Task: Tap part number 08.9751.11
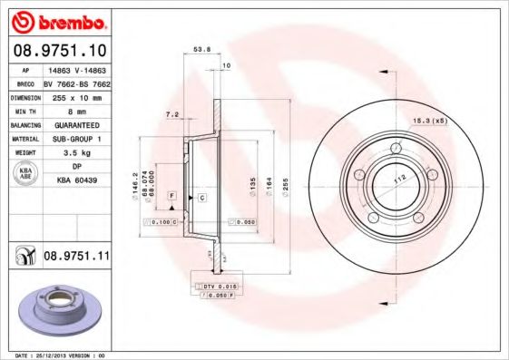[x=76, y=258]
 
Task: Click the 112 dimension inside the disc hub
[x=396, y=178]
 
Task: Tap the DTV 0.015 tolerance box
[x=219, y=286]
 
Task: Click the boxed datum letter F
[x=171, y=196]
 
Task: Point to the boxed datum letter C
[x=201, y=196]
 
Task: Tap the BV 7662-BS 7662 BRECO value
[x=76, y=82]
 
